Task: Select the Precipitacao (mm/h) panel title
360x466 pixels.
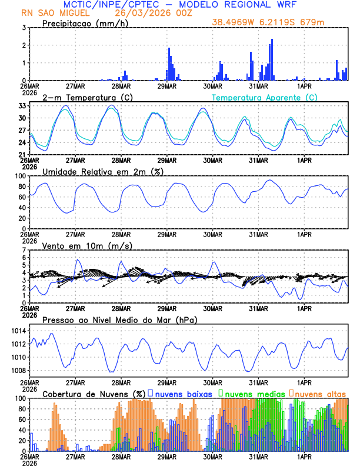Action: [85, 23]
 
